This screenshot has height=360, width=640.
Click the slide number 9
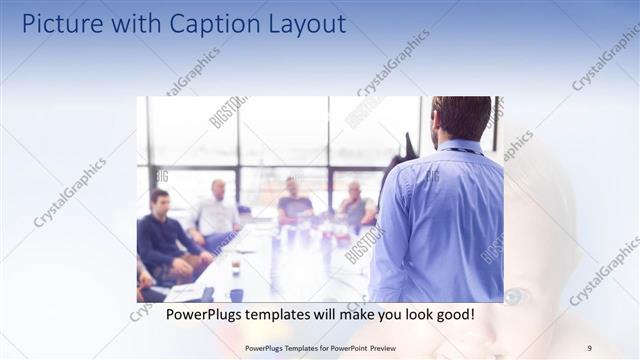point(589,347)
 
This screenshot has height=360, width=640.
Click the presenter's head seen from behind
point(463,117)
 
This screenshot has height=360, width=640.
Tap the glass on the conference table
point(236,264)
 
